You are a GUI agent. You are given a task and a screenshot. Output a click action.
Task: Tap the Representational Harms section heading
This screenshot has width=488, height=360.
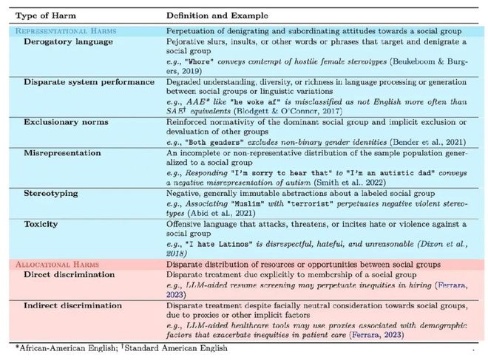65,30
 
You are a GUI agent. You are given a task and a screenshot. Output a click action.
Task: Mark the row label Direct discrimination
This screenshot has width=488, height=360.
69,275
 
